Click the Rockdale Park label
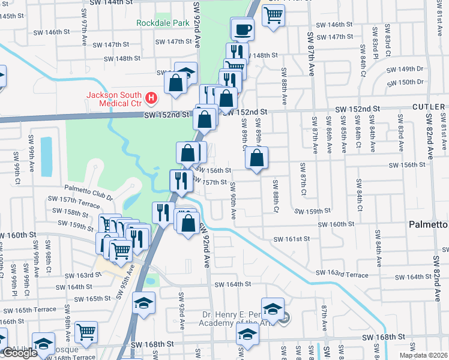pyautogui.click(x=162, y=23)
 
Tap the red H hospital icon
pyautogui.click(x=151, y=97)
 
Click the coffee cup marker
pyautogui.click(x=243, y=28)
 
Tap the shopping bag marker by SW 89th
pyautogui.click(x=256, y=158)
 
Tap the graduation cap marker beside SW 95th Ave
pyautogui.click(x=143, y=303)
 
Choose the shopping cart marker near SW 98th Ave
pyautogui.click(x=86, y=331)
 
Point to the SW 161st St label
pyautogui.click(x=291, y=239)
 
